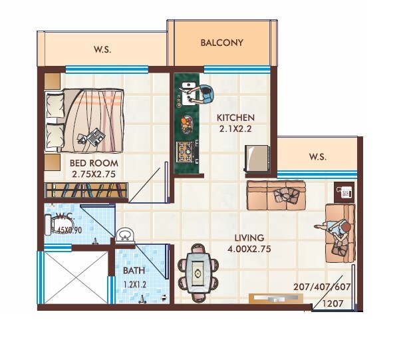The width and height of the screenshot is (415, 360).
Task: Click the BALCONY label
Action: [222, 43]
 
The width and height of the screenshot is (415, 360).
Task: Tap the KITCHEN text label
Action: [236, 118]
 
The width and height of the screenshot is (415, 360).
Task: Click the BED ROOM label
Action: [94, 163]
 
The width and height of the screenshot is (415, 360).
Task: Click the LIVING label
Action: [249, 238]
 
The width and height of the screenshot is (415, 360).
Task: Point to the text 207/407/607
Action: [322, 287]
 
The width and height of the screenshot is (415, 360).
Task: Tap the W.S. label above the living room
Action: [317, 157]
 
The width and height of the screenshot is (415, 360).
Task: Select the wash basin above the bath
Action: [124, 236]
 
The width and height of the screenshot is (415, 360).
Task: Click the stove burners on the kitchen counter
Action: [185, 152]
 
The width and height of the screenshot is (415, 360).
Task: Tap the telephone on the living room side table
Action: [345, 192]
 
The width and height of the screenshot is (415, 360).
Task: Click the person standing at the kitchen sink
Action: [205, 94]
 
